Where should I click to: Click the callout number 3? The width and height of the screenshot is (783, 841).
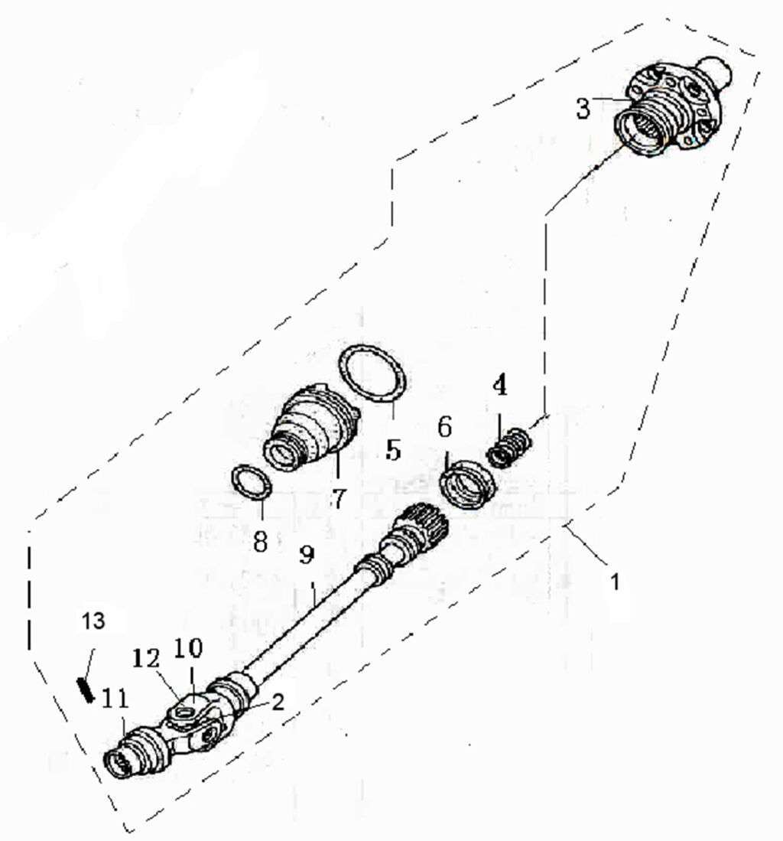coord(583,109)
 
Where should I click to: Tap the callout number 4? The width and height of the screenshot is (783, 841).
coord(499,386)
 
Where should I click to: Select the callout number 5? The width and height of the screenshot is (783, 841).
coord(393,449)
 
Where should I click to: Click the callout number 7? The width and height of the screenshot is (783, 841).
coord(338,497)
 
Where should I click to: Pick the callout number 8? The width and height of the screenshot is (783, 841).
coord(260,542)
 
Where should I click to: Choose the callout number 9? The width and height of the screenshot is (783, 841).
coord(306,556)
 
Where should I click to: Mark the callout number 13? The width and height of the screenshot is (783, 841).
coord(94,621)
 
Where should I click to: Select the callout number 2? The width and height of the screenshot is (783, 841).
coord(278,701)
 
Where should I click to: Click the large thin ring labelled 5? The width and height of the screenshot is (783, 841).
coord(374,374)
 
